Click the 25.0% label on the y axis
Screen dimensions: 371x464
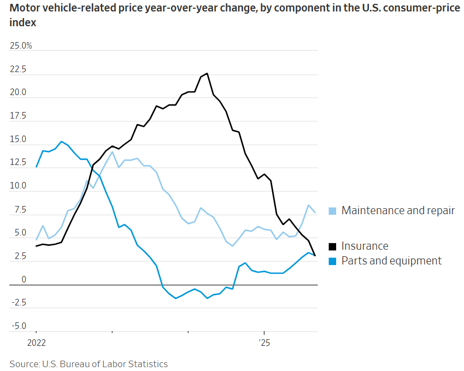pos(21,46)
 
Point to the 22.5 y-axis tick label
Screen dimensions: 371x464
pos(18,69)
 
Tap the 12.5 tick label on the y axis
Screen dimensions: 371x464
pos(18,163)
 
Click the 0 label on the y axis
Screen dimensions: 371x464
pos(24,280)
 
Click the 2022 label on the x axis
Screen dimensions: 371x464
pos(37,344)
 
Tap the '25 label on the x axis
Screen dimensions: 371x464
pos(265,344)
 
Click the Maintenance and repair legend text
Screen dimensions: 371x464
pos(398,210)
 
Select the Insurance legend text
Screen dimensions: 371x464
pos(365,246)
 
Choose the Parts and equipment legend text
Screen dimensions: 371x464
pos(391,261)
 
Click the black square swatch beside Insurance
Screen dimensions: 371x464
pos(332,246)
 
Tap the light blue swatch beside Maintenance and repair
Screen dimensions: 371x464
pos(332,211)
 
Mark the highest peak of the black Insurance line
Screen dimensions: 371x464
pos(207,73)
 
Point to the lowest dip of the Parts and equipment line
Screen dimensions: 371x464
pos(176,298)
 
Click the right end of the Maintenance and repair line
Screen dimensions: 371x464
pos(315,213)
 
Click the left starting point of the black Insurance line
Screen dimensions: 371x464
pos(37,246)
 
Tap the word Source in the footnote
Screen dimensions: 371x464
pos(24,364)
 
